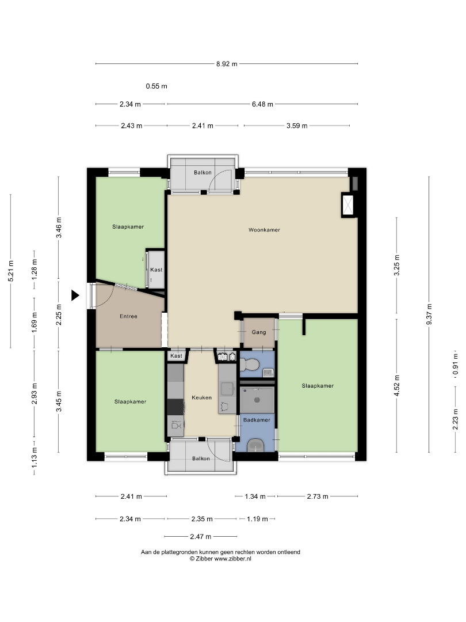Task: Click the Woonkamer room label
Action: [264, 230]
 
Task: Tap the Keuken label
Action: [202, 397]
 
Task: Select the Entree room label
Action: [128, 316]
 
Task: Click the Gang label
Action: [259, 332]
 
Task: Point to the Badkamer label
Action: [257, 420]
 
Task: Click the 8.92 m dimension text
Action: [227, 64]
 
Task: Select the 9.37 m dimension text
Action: [429, 314]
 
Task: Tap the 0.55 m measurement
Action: [156, 86]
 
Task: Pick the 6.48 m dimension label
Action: [262, 104]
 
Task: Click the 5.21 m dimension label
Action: [11, 271]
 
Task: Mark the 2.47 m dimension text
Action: [201, 537]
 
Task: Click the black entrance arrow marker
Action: [75, 295]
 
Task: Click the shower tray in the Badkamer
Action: [257, 400]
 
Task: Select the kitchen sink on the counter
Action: [227, 389]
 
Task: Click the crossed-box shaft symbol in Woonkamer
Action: [348, 205]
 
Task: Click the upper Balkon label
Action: [203, 173]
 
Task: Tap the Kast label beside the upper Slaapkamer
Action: [156, 270]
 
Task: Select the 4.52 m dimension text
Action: [397, 385]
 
